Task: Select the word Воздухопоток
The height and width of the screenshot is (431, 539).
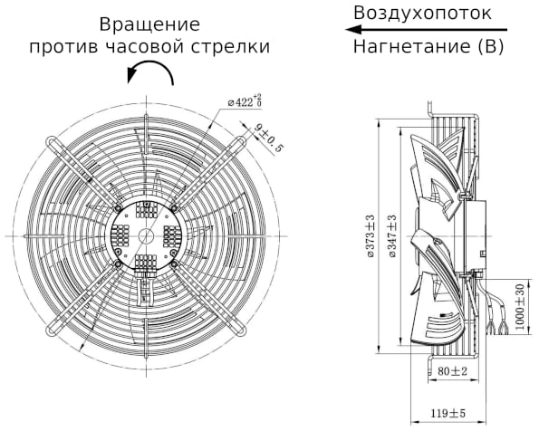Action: pyautogui.click(x=423, y=13)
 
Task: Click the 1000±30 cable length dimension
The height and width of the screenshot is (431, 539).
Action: pyautogui.click(x=519, y=308)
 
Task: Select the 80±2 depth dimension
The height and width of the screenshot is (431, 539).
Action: pyautogui.click(x=449, y=371)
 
